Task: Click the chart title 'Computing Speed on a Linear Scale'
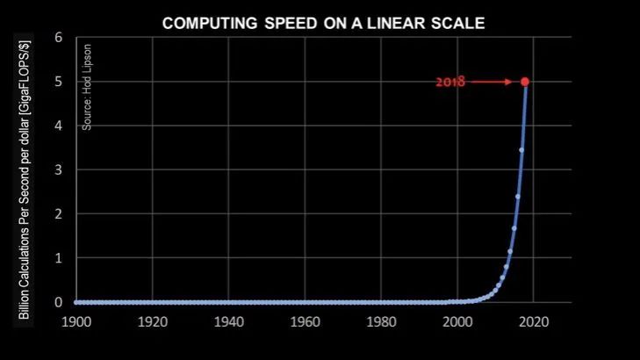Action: (x=323, y=23)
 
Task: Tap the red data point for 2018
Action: (x=525, y=82)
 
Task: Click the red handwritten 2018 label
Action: (x=449, y=83)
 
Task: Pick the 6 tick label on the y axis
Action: (x=58, y=38)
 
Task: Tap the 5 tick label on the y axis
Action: (x=58, y=82)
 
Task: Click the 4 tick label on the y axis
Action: (x=58, y=126)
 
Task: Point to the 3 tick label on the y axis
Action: (x=58, y=169)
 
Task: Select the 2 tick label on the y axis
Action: (x=58, y=214)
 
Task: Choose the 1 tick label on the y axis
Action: (x=58, y=258)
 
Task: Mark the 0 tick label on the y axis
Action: (x=58, y=302)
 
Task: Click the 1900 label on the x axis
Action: (x=76, y=321)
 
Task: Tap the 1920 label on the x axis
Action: (x=153, y=321)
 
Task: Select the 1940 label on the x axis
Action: (x=228, y=321)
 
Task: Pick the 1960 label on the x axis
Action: (x=305, y=321)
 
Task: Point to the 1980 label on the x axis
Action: (x=381, y=321)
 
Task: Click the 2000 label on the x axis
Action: (x=457, y=321)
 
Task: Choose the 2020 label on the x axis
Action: (x=533, y=321)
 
